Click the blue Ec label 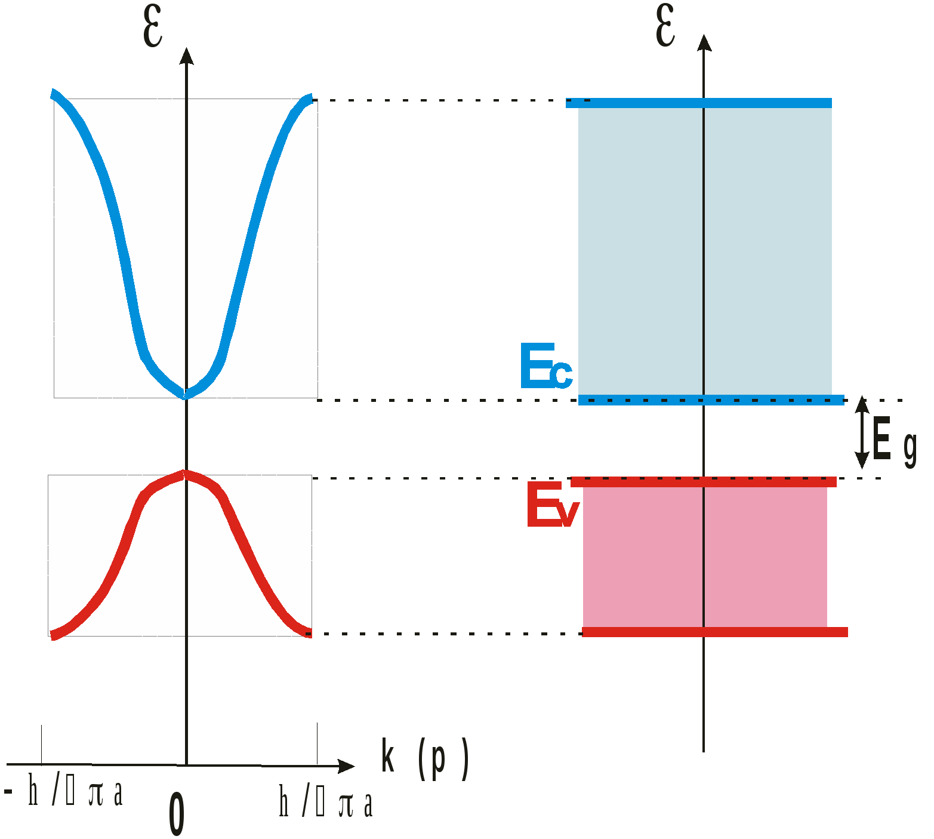(x=546, y=366)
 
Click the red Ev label (x=552, y=505)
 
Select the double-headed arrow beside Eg (x=861, y=432)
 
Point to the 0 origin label (x=176, y=814)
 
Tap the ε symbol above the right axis (x=665, y=25)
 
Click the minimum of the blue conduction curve (x=186, y=394)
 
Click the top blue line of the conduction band (x=698, y=103)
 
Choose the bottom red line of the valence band (x=715, y=632)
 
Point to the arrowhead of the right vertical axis (x=704, y=42)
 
